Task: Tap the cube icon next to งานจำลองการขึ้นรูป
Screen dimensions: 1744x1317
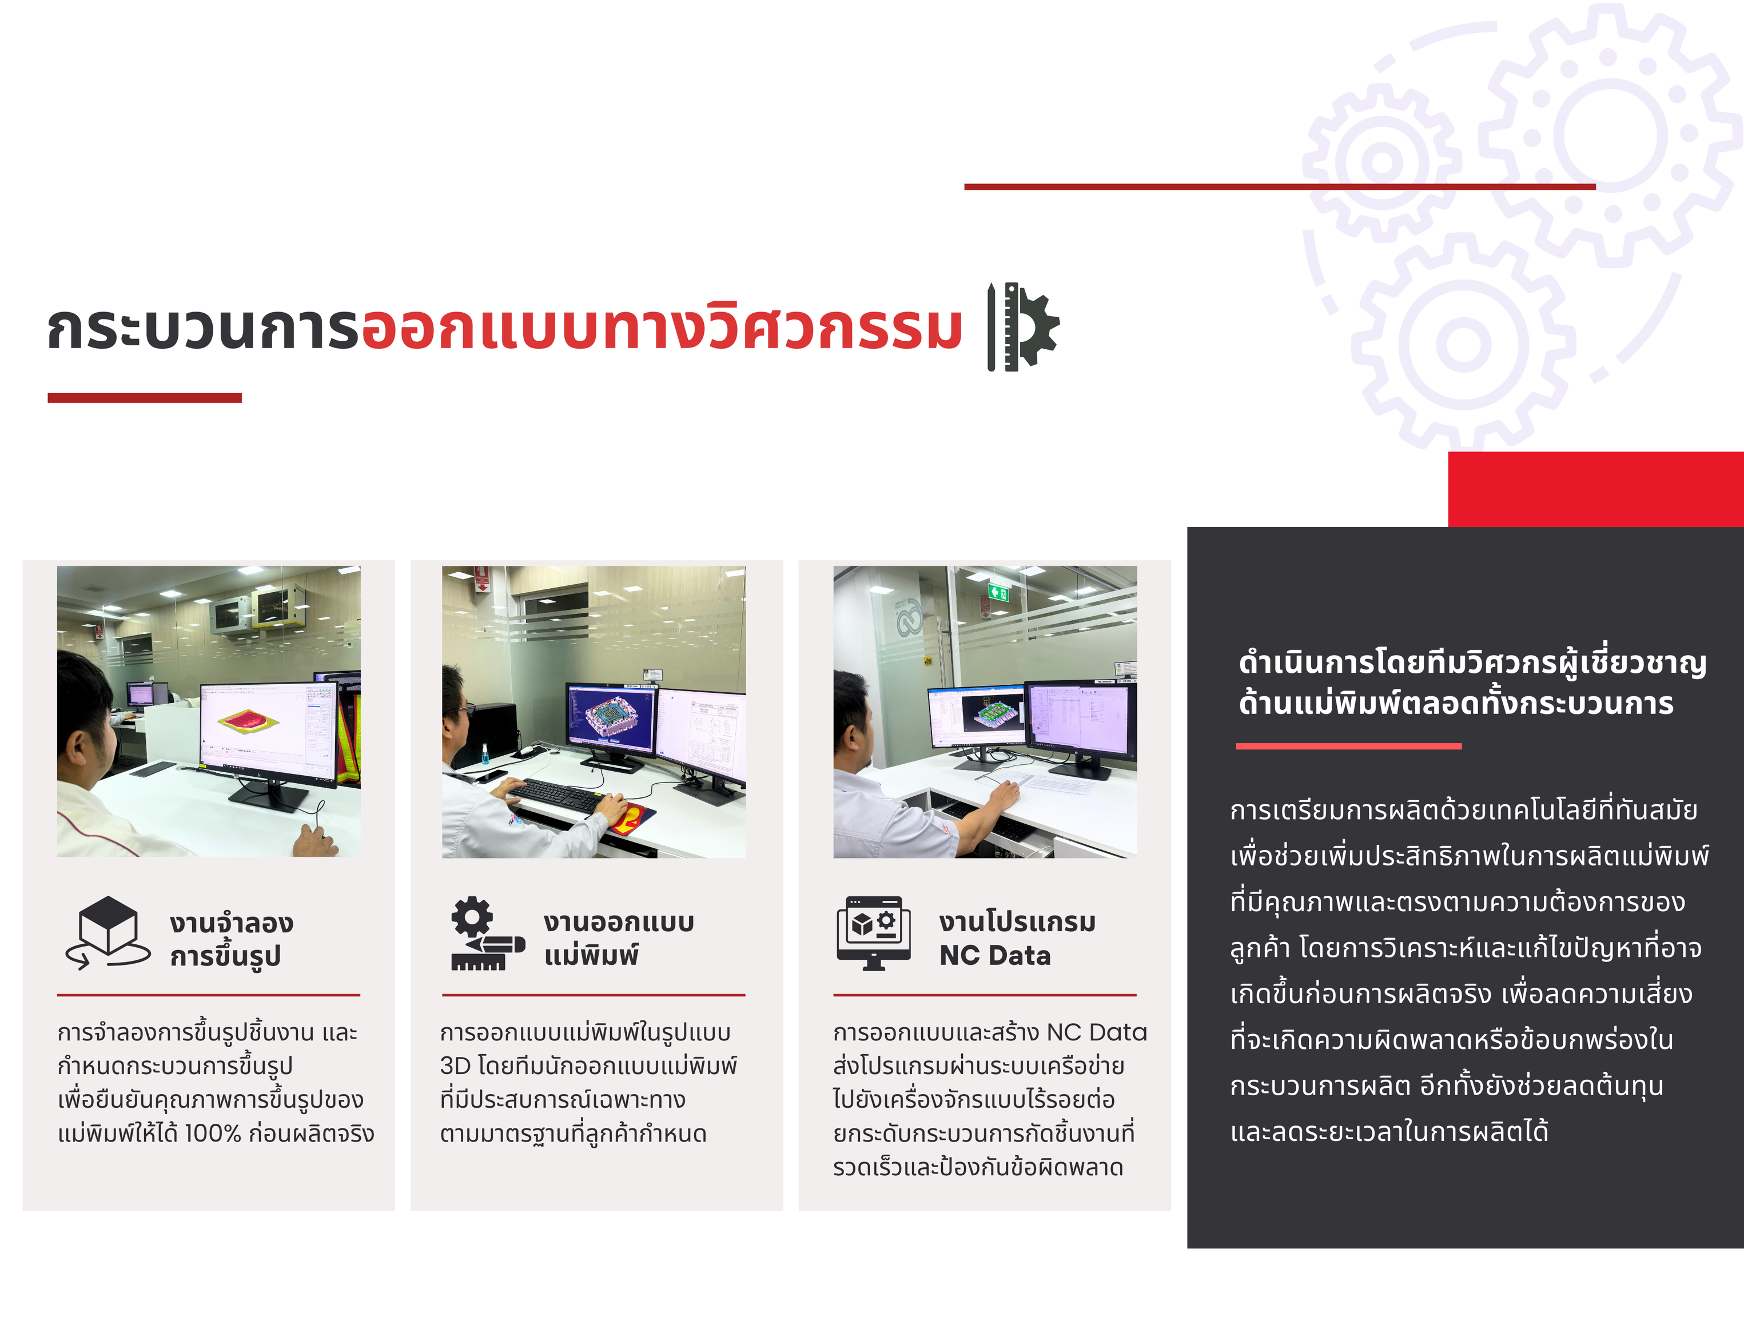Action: [108, 932]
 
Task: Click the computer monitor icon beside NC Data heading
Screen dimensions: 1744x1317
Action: [874, 933]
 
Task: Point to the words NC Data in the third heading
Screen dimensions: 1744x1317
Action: [995, 955]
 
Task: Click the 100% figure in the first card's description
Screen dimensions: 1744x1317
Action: [212, 1134]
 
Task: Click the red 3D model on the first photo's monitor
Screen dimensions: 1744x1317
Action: [249, 720]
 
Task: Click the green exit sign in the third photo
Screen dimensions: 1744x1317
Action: [1000, 592]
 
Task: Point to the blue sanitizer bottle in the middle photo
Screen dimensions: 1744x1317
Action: [484, 753]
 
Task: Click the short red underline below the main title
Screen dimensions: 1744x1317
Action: [144, 398]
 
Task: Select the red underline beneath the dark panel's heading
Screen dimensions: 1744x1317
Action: [1348, 745]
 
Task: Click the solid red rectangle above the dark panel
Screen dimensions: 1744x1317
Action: [1596, 489]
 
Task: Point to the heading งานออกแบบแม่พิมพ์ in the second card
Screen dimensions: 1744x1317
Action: [619, 938]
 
